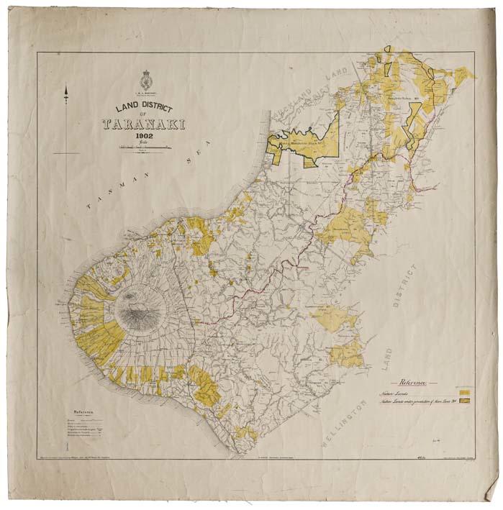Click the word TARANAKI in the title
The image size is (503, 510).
144,124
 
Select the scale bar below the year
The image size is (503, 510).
143,147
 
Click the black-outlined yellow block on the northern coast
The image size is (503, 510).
302,142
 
